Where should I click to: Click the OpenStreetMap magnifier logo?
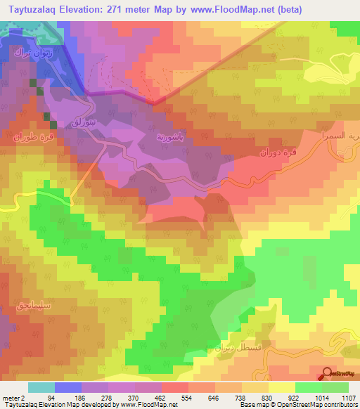pyautogui.click(x=327, y=374)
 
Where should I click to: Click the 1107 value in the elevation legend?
pyautogui.click(x=345, y=397)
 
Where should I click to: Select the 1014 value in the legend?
pyautogui.click(x=316, y=397)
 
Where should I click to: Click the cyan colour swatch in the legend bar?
pyautogui.click(x=41, y=387)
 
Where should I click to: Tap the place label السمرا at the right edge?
pyautogui.click(x=345, y=133)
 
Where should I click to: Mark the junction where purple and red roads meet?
pyautogui.click(x=154, y=102)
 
